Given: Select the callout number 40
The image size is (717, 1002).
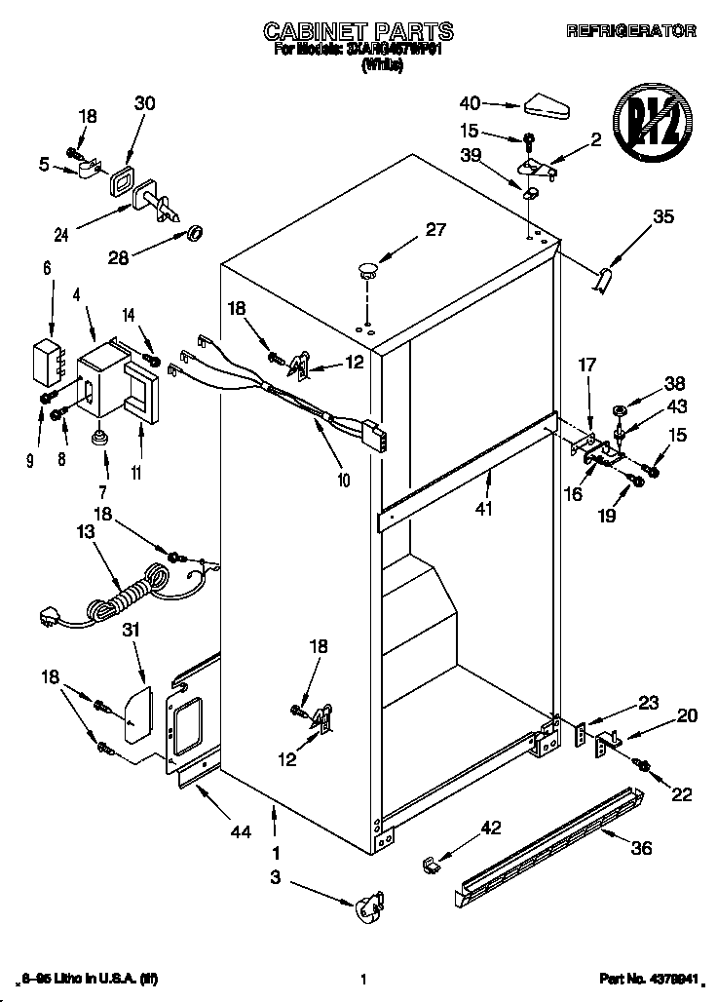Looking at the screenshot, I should click(470, 103).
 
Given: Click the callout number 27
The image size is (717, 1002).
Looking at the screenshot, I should click(436, 230).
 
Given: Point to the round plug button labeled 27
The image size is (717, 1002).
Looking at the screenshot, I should click(367, 269).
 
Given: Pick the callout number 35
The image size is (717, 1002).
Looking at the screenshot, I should click(662, 217).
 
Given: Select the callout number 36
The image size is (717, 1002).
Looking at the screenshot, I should click(640, 848).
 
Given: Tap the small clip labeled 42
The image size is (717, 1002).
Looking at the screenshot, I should click(433, 864).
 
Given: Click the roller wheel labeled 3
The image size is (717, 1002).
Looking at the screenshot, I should click(369, 909).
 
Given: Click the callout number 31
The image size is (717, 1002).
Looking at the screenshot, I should click(132, 631).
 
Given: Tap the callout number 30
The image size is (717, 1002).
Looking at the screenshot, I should click(144, 104).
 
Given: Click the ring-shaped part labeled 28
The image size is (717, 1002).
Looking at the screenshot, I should click(194, 233).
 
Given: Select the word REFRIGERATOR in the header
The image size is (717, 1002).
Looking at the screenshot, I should click(631, 31).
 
